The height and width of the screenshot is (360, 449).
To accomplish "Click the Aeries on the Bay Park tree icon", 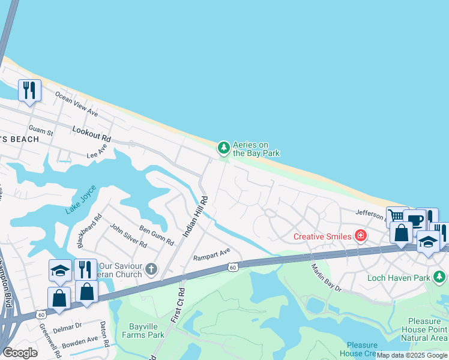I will click(x=223, y=147).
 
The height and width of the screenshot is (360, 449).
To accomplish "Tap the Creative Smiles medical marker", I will click(x=360, y=236).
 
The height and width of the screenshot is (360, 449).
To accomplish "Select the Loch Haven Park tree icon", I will click(x=440, y=277).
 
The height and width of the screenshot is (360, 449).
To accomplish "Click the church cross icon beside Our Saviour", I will click(x=151, y=269).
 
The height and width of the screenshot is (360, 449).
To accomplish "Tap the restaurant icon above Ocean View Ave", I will click(x=29, y=90).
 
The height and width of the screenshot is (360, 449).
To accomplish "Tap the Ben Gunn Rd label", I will click(x=157, y=235).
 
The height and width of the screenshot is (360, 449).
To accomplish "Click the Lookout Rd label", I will click(x=91, y=133).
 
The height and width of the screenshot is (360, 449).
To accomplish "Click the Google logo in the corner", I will click(x=20, y=353).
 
